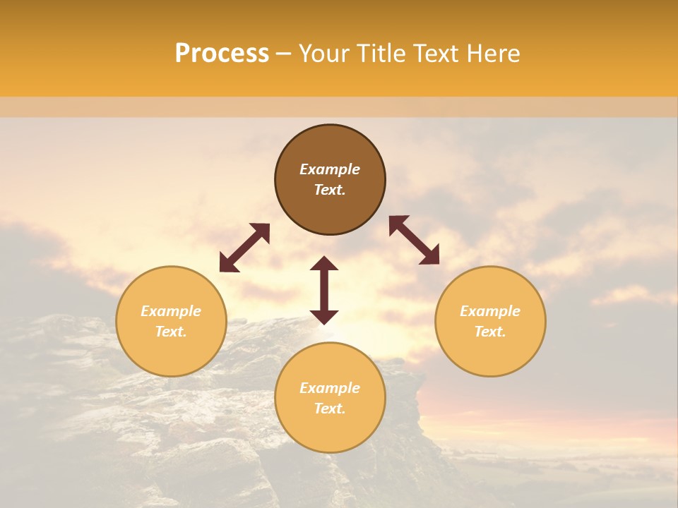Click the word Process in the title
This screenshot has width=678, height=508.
pyautogui.click(x=222, y=54)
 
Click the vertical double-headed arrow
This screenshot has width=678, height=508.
pyautogui.click(x=324, y=290)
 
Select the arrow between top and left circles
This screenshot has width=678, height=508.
pyautogui.click(x=244, y=248)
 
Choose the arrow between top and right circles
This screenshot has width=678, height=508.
pyautogui.click(x=415, y=240)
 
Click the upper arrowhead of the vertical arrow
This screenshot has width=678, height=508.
pyautogui.click(x=324, y=263)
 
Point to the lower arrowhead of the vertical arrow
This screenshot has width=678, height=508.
pyautogui.click(x=324, y=317)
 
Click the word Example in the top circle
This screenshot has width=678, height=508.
pyautogui.click(x=330, y=169)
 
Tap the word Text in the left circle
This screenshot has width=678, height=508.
pyautogui.click(x=171, y=332)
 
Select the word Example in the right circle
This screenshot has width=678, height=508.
pyautogui.click(x=490, y=311)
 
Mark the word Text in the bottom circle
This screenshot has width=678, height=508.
pyautogui.click(x=330, y=409)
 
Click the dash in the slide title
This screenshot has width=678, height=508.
pyautogui.click(x=283, y=54)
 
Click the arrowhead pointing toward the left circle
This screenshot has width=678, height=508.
pyautogui.click(x=227, y=264)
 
